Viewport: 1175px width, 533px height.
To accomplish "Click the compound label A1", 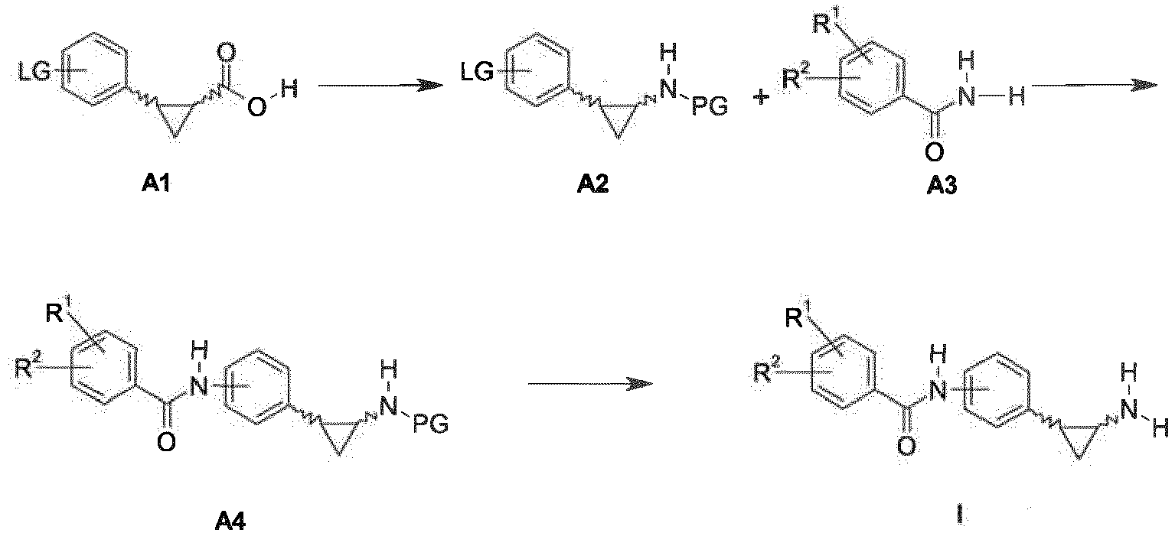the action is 156,184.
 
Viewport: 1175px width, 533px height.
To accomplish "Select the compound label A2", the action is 592,184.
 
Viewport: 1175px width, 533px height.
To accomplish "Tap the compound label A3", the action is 942,185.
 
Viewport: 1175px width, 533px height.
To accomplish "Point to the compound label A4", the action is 230,522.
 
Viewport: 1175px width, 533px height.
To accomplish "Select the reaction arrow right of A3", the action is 1094,86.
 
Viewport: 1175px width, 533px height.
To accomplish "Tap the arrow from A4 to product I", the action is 590,384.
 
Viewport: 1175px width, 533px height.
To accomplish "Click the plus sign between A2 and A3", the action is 760,97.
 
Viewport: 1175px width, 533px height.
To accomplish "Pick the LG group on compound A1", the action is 34,74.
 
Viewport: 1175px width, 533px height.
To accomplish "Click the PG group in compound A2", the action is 710,107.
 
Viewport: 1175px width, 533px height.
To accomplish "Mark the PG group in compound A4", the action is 431,424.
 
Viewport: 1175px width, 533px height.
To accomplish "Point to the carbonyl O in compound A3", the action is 934,152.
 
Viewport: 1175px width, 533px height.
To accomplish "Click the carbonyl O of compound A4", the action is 166,444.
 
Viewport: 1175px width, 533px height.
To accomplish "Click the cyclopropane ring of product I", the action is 1078,439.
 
